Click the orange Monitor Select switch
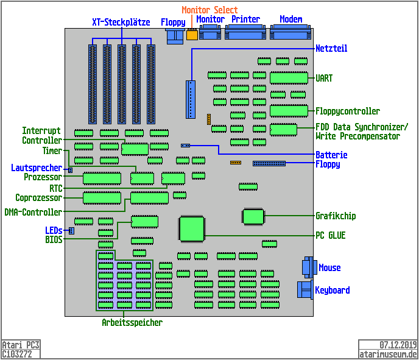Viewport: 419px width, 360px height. pyautogui.click(x=192, y=35)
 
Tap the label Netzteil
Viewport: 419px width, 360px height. pyautogui.click(x=331, y=49)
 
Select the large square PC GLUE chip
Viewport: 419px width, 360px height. pyautogui.click(x=192, y=229)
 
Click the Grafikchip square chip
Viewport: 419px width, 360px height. pyautogui.click(x=253, y=216)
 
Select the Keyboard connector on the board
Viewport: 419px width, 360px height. pyautogui.click(x=305, y=290)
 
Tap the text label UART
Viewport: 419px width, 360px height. pyautogui.click(x=324, y=79)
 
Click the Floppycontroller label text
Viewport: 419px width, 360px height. pyautogui.click(x=347, y=111)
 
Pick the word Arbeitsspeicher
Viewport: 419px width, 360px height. pyautogui.click(x=132, y=322)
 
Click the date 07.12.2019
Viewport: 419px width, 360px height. pyautogui.click(x=398, y=345)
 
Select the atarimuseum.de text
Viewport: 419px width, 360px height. pyautogui.click(x=388, y=354)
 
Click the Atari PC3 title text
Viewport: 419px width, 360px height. pyautogui.click(x=21, y=345)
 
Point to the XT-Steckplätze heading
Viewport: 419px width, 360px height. pyautogui.click(x=121, y=22)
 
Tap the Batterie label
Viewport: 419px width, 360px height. pyautogui.click(x=331, y=155)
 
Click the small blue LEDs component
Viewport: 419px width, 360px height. pyautogui.click(x=71, y=230)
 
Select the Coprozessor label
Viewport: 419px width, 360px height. pyautogui.click(x=38, y=198)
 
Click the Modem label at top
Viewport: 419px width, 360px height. pyautogui.click(x=290, y=19)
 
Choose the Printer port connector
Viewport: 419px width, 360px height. pyautogui.click(x=245, y=35)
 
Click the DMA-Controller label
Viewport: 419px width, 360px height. pyautogui.click(x=33, y=213)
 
